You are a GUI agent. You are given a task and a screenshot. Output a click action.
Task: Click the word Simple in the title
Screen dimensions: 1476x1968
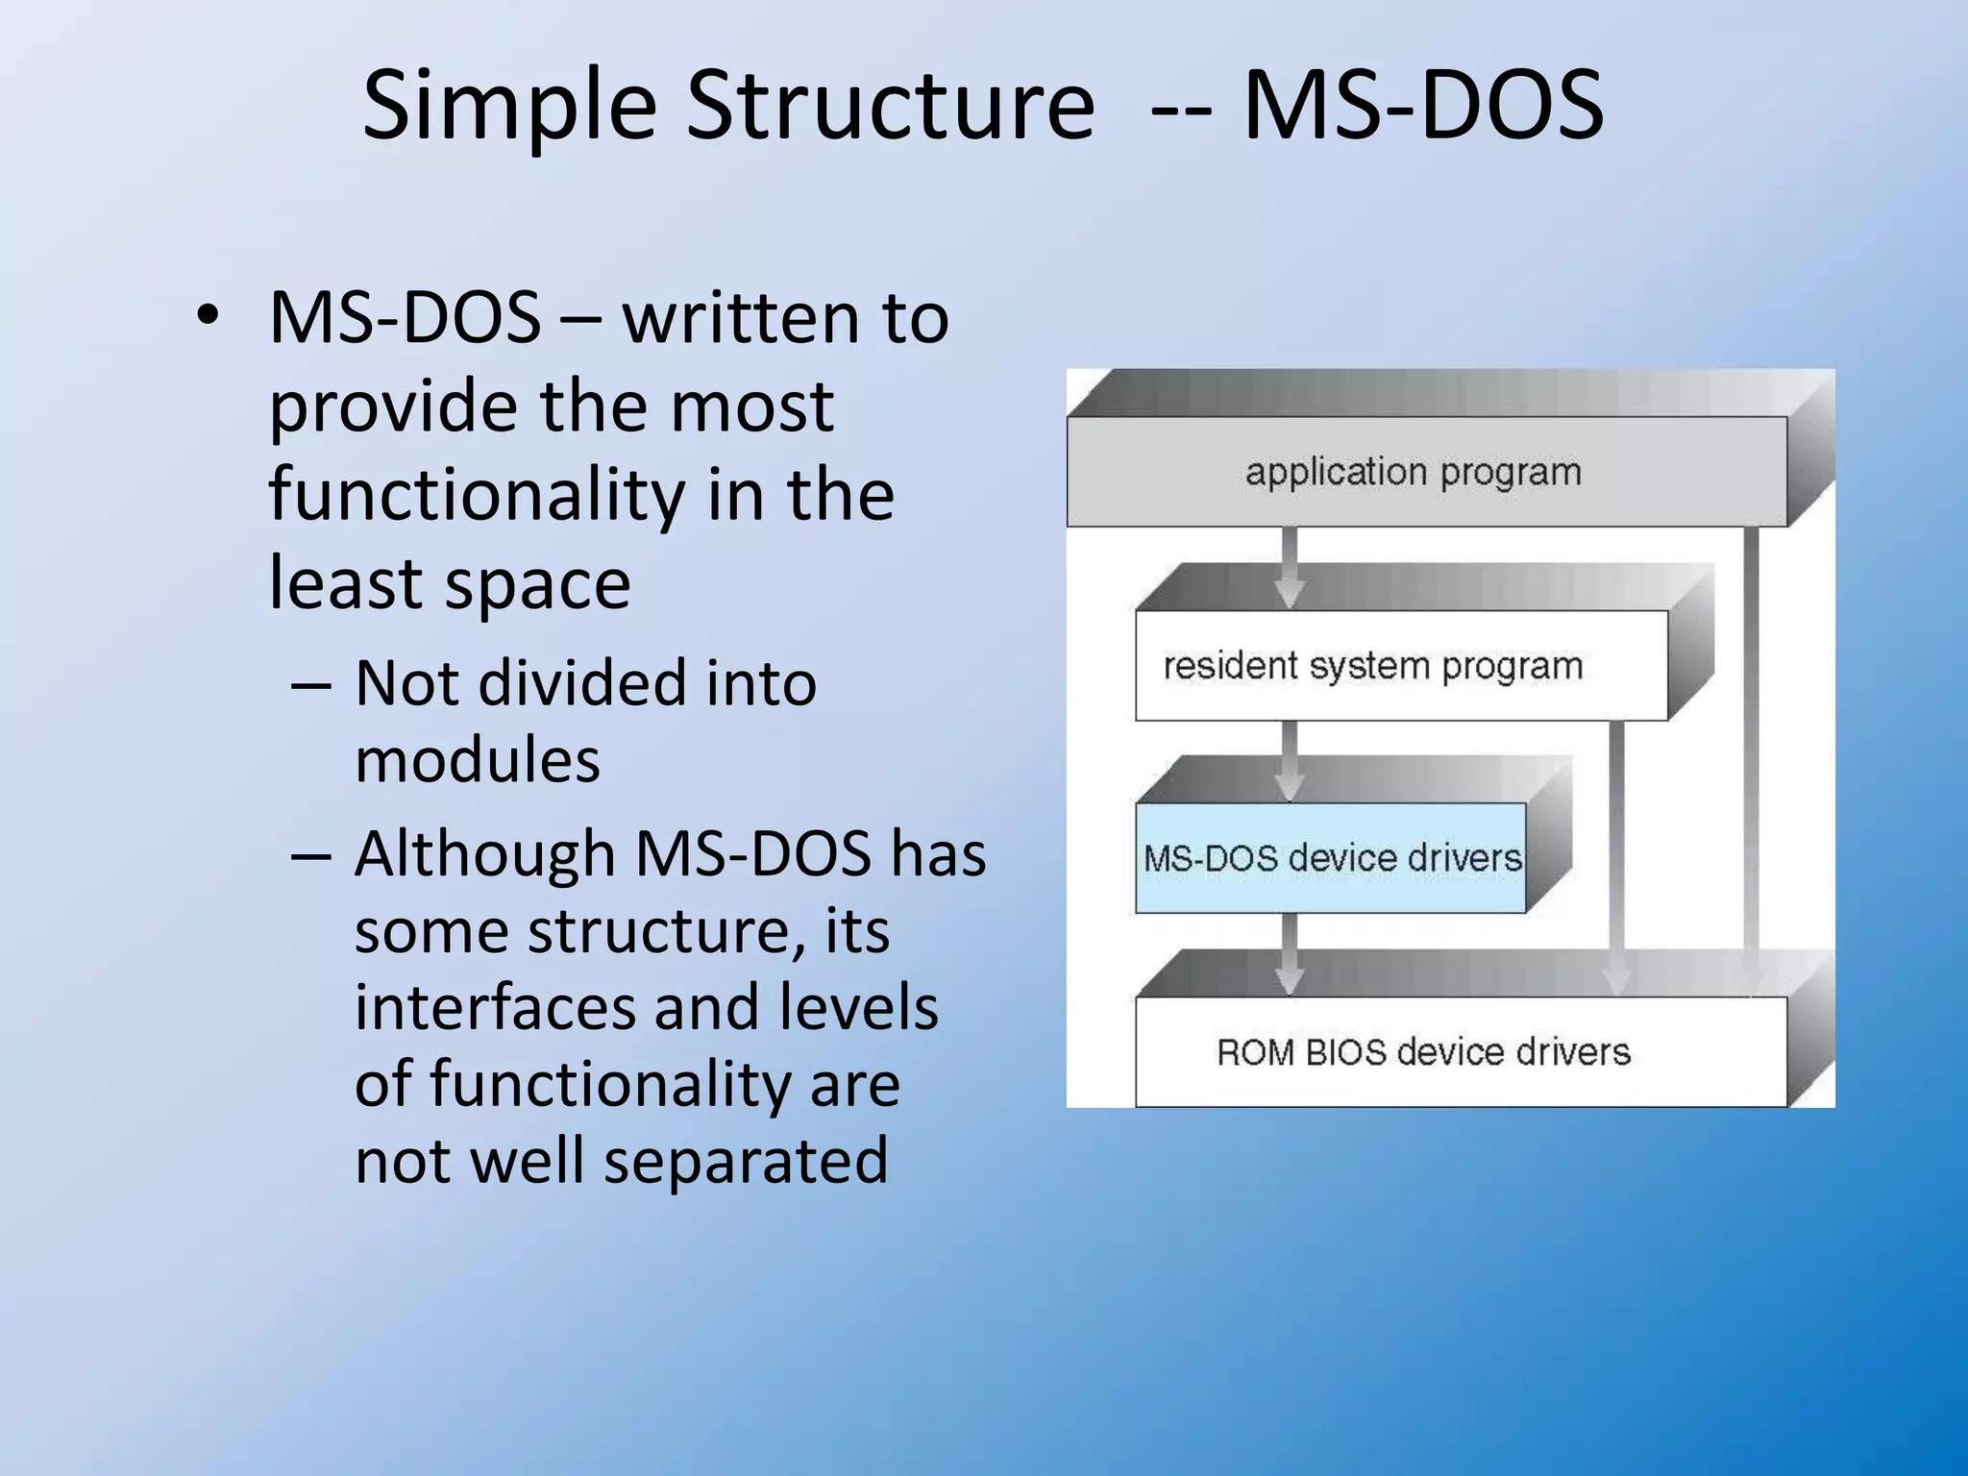(x=508, y=108)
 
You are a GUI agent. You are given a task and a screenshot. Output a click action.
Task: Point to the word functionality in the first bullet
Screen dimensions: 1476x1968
(x=477, y=496)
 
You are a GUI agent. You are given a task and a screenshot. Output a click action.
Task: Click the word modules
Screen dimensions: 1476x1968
(x=477, y=761)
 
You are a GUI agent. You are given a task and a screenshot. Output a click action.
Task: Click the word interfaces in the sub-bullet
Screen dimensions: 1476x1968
(x=495, y=1008)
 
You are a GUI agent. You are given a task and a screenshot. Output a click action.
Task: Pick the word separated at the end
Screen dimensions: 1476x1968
(x=746, y=1161)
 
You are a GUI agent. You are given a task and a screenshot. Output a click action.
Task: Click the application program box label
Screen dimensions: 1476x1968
(x=1413, y=472)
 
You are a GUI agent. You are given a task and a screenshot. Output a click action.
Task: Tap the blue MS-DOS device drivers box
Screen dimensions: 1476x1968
(x=1331, y=858)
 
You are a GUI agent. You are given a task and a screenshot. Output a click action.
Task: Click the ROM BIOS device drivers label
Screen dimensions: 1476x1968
(x=1423, y=1052)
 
